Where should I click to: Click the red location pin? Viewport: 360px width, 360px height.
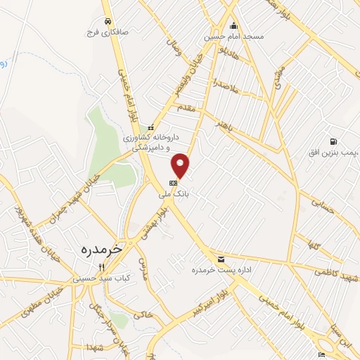point(181,165)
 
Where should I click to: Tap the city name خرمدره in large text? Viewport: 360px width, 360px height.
point(102,248)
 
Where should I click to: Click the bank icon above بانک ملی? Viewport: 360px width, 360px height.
point(174,182)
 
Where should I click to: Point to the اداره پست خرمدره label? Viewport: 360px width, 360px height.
point(221,269)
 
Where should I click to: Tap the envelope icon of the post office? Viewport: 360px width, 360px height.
point(221,259)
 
